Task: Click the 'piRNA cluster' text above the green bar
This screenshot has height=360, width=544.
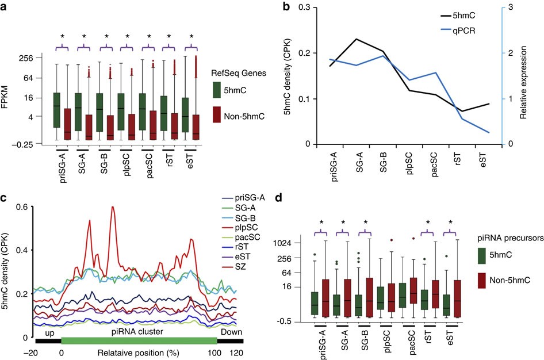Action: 139,331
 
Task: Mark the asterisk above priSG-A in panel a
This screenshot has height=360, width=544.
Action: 62,36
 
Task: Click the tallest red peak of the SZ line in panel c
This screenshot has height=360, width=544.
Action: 112,207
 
